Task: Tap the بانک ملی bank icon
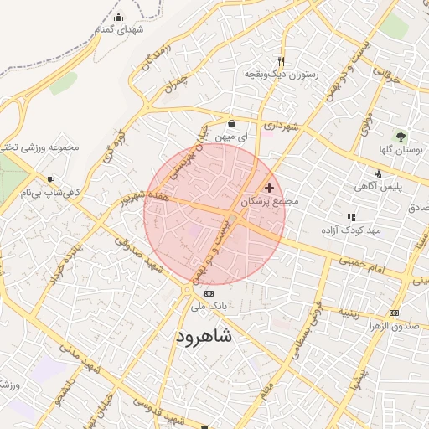click(x=209, y=294)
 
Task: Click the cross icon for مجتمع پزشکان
click(x=268, y=188)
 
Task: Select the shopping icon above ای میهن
click(x=231, y=124)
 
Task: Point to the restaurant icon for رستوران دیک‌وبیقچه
click(x=281, y=60)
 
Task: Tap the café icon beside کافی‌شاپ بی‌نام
click(x=51, y=179)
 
